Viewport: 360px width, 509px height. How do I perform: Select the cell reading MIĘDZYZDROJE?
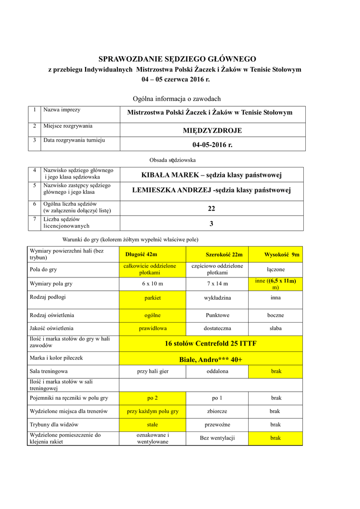point(212,130)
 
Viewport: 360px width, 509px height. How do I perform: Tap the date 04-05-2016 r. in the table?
point(212,145)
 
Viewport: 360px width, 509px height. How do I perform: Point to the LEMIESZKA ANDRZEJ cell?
point(211,190)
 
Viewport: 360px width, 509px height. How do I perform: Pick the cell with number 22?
point(211,209)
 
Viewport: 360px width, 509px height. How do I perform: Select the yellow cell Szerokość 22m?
point(217,254)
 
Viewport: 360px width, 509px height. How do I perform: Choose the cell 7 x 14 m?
point(217,283)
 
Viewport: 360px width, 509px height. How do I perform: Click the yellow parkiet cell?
point(152,298)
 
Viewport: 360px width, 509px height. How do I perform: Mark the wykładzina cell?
point(217,298)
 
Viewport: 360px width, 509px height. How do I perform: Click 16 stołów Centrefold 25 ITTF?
point(211,343)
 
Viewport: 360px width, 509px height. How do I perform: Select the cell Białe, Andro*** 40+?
point(211,359)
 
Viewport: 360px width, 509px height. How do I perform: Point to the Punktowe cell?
point(217,315)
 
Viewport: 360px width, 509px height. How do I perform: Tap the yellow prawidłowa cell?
point(152,328)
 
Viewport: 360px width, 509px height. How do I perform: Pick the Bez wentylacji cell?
point(217,438)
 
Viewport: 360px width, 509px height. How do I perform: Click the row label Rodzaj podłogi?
point(48,297)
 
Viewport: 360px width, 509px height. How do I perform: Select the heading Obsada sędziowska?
point(173,160)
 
